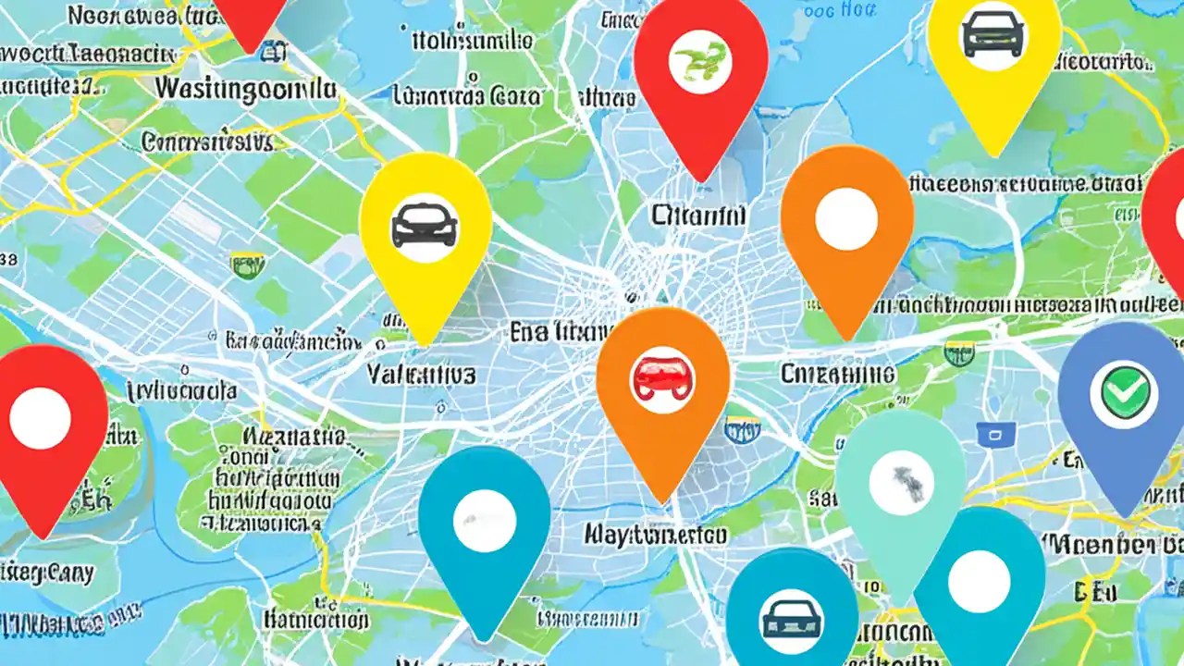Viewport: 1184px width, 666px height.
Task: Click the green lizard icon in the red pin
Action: click(701, 61)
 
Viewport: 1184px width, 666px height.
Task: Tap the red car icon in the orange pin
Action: click(662, 378)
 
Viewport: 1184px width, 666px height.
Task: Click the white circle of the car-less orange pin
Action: click(845, 218)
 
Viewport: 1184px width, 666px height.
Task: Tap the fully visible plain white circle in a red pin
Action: click(40, 417)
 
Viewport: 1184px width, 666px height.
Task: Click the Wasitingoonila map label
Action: click(245, 90)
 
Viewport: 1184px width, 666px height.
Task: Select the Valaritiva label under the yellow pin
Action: click(421, 374)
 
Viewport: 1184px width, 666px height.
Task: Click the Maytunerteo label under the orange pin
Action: click(655, 534)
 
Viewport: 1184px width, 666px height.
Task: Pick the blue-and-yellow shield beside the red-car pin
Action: click(743, 427)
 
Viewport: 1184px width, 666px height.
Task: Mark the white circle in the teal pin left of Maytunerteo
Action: click(484, 521)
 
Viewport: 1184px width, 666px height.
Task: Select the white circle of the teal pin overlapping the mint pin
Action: click(979, 581)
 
